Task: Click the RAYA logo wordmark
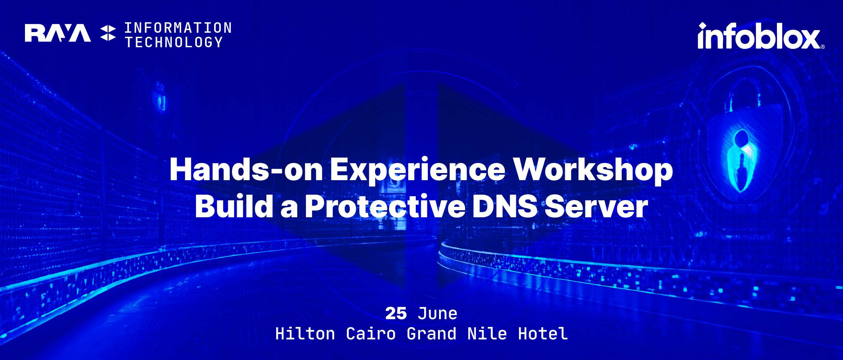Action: coord(58,33)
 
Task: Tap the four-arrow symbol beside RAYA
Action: coord(108,33)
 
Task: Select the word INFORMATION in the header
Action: coord(178,28)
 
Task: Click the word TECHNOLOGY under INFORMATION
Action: coord(174,42)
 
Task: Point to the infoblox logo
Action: coord(761,36)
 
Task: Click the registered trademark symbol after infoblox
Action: coord(823,47)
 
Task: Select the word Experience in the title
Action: coord(417,171)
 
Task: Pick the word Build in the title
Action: coord(234,206)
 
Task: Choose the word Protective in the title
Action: coord(385,206)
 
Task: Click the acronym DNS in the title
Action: coord(505,206)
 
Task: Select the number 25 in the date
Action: coord(396,314)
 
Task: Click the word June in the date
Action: coord(437,314)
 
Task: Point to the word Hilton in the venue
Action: coord(305,334)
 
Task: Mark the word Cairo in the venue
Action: coord(371,334)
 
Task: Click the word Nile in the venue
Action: coord(487,334)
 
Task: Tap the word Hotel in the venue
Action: coord(543,334)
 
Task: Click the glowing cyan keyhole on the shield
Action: coord(742,160)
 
